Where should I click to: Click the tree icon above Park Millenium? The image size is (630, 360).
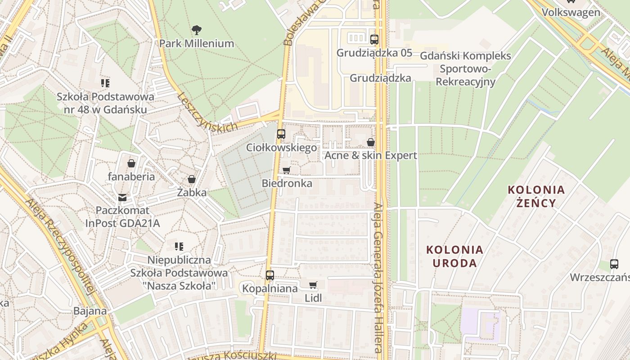click(x=196, y=31)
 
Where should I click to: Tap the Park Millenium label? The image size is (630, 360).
click(x=197, y=44)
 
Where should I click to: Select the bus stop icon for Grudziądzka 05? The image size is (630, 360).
click(x=374, y=39)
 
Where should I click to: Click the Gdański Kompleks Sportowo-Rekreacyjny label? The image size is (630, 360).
click(x=466, y=69)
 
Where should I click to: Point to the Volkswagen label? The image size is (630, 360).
click(x=571, y=12)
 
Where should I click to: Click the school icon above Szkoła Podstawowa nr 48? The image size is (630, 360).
click(x=105, y=83)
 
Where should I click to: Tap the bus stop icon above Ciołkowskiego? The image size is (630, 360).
click(x=281, y=134)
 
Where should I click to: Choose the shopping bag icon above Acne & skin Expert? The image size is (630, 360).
click(x=371, y=142)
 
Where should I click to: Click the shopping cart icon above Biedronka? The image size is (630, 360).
click(x=286, y=170)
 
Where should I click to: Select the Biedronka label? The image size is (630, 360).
click(x=287, y=184)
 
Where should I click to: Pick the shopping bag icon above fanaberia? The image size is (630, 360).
click(x=131, y=163)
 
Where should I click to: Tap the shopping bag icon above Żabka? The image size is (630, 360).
click(x=192, y=180)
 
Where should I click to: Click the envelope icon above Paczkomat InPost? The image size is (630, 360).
click(x=122, y=197)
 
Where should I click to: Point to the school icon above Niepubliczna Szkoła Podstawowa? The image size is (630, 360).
click(x=179, y=247)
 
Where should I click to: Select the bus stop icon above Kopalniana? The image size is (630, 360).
click(x=270, y=275)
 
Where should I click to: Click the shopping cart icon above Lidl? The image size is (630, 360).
click(x=313, y=284)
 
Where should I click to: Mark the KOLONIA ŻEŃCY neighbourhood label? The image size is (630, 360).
click(x=536, y=196)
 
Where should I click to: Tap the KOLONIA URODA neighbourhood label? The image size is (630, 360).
click(x=454, y=256)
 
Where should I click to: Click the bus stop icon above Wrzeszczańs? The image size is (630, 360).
click(x=614, y=264)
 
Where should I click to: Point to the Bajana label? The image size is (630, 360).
click(x=90, y=311)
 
